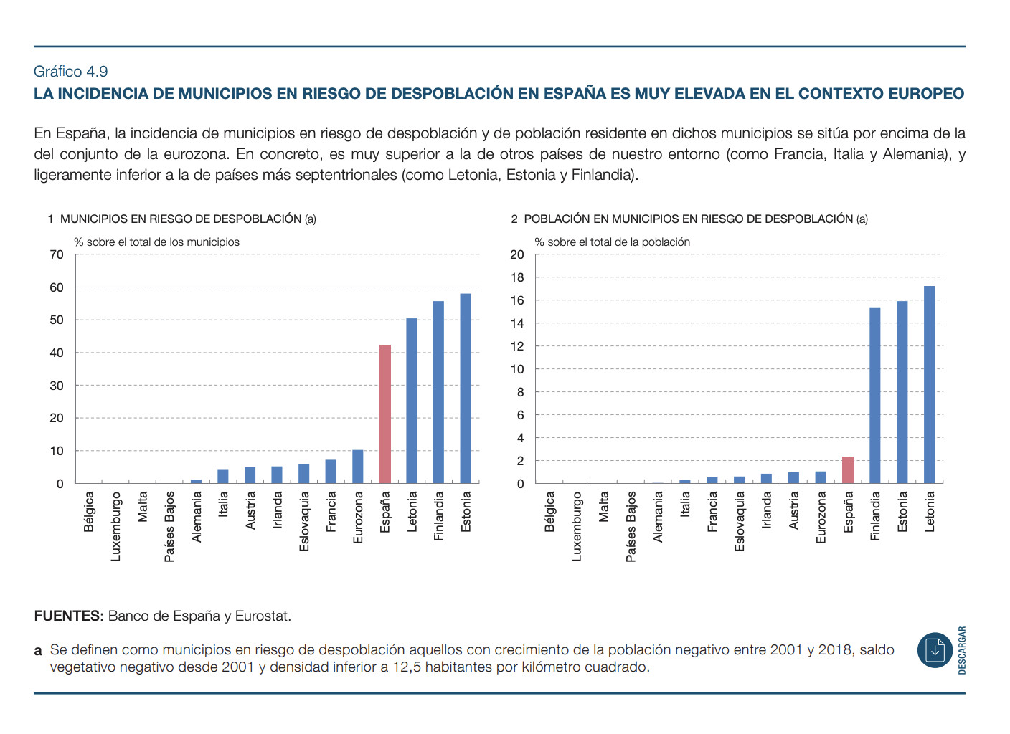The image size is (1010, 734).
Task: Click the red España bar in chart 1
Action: (385, 414)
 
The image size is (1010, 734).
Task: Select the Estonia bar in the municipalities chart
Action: (466, 389)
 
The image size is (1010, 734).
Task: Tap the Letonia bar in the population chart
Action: (929, 385)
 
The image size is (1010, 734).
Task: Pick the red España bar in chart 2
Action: (848, 470)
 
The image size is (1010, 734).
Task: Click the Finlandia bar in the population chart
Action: (875, 396)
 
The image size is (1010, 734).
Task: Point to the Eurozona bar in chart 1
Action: (358, 467)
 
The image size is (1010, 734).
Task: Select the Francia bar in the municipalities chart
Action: (331, 472)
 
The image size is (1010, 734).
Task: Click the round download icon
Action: (935, 650)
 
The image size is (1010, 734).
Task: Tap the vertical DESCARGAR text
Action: (962, 650)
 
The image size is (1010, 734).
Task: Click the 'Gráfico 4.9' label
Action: (71, 71)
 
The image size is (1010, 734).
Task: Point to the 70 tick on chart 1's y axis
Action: (57, 254)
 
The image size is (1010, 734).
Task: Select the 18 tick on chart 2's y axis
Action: (517, 277)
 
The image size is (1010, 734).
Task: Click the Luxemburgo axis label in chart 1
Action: (116, 526)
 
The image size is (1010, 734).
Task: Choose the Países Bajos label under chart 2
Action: (631, 526)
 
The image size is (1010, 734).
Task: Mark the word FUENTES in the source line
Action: (69, 616)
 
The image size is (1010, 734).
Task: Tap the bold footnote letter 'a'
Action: (38, 651)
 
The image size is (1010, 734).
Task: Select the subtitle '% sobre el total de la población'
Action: (612, 242)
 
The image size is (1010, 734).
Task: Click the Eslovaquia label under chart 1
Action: (304, 521)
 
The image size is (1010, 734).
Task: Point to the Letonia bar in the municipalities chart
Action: (412, 401)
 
